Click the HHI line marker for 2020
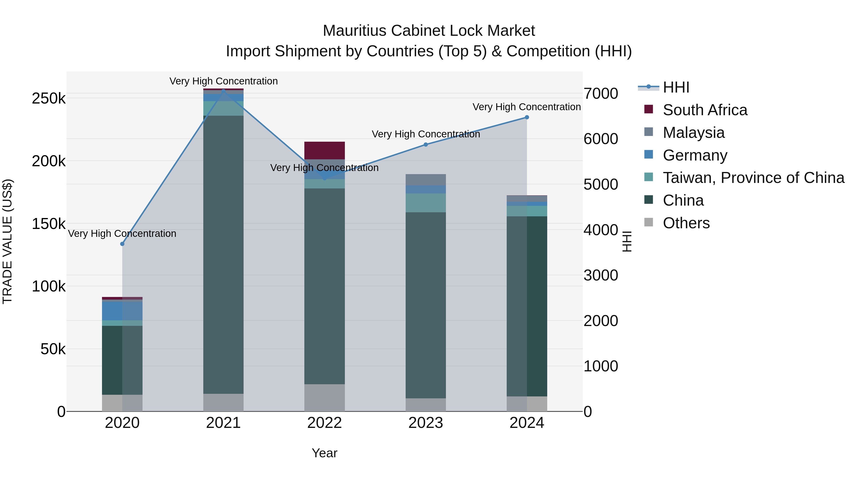click(x=122, y=244)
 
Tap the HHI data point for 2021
click(x=224, y=91)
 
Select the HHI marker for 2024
click(x=527, y=117)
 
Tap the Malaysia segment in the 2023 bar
click(x=426, y=180)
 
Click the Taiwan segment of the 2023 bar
click(x=426, y=203)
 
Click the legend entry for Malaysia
click(x=694, y=133)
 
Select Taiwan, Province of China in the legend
click(x=753, y=178)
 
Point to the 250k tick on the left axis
click(x=49, y=99)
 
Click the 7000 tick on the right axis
click(x=601, y=94)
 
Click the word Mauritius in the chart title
click(x=354, y=31)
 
